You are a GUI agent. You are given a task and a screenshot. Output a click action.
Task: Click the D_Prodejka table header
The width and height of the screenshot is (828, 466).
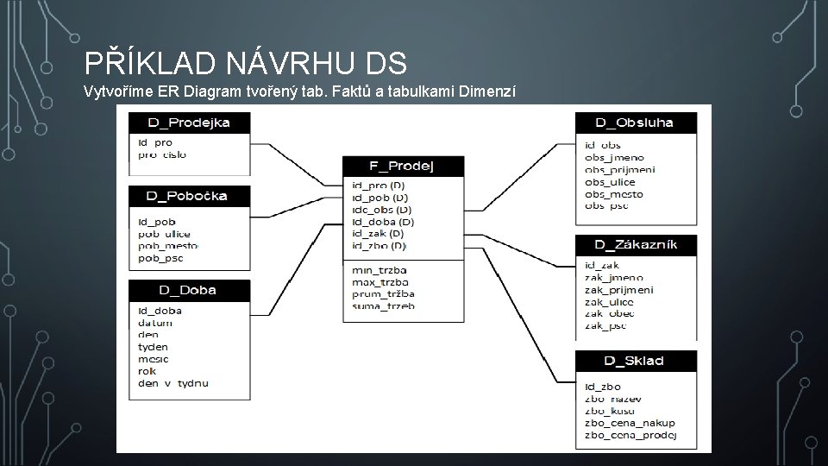pyautogui.click(x=189, y=123)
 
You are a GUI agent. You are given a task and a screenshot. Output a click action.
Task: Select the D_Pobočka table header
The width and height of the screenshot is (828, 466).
pyautogui.click(x=189, y=197)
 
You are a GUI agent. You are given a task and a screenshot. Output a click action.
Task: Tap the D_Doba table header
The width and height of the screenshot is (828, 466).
pyautogui.click(x=189, y=290)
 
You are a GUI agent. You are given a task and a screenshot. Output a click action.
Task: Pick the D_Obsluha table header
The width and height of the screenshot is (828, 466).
pyautogui.click(x=636, y=123)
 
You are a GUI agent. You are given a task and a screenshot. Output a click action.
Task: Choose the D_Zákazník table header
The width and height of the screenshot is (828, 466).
pyautogui.click(x=636, y=245)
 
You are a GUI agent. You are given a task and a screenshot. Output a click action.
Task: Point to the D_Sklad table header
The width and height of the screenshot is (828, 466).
pyautogui.click(x=636, y=361)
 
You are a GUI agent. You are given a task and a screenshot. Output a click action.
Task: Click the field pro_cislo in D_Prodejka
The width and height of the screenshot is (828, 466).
pyautogui.click(x=161, y=154)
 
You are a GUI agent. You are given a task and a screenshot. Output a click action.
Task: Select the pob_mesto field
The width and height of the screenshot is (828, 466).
pyautogui.click(x=166, y=246)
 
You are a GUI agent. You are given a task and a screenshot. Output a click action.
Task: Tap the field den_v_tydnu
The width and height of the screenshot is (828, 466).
pyautogui.click(x=172, y=383)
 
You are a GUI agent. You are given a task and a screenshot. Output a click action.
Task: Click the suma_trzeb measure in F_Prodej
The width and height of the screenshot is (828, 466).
pyautogui.click(x=383, y=305)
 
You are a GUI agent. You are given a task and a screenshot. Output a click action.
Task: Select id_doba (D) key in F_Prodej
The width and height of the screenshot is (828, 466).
pyautogui.click(x=383, y=222)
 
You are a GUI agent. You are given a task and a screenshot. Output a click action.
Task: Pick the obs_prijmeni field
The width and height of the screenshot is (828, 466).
pyautogui.click(x=619, y=170)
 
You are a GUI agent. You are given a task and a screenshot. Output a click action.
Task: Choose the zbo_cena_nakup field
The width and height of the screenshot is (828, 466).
pyautogui.click(x=630, y=423)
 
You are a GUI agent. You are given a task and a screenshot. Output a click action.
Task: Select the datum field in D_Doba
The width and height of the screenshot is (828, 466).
pyautogui.click(x=155, y=323)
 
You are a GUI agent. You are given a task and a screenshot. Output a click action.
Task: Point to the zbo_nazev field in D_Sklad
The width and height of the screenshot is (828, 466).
pyautogui.click(x=612, y=399)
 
